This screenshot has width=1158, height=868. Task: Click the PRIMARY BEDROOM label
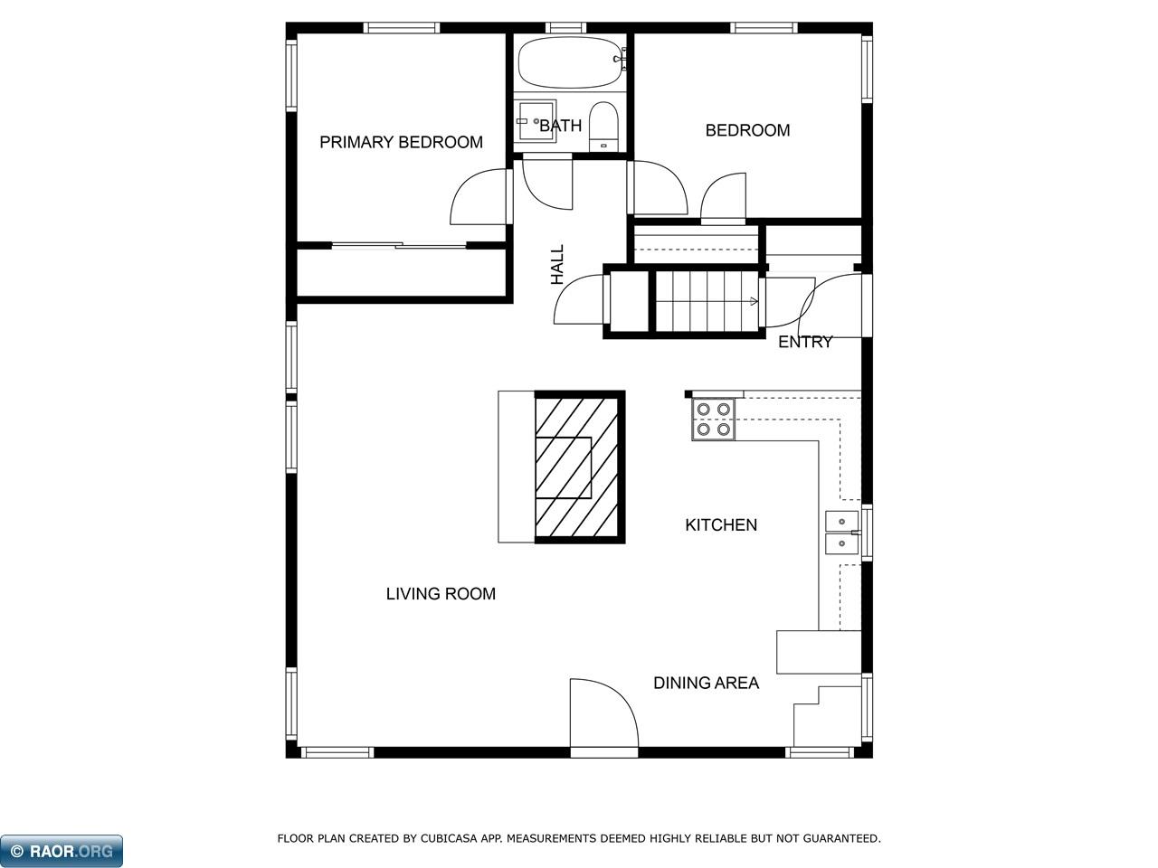tap(401, 142)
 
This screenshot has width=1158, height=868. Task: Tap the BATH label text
tap(560, 126)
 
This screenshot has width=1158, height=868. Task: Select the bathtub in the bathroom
tap(571, 62)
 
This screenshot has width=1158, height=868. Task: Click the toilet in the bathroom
tap(603, 127)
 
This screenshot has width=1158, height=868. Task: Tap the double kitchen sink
tap(841, 532)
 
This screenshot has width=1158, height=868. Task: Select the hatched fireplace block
tap(579, 467)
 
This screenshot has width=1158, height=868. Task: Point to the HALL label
tap(557, 265)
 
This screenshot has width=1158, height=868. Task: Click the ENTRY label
tap(805, 342)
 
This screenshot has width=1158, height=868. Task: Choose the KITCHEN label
tap(720, 524)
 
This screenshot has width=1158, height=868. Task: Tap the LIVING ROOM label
tap(441, 594)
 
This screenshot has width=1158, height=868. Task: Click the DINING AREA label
tap(706, 683)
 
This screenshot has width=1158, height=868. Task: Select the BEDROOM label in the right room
tap(747, 130)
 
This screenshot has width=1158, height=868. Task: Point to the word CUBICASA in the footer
tap(450, 839)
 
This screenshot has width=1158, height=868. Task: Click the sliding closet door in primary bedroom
tap(398, 245)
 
